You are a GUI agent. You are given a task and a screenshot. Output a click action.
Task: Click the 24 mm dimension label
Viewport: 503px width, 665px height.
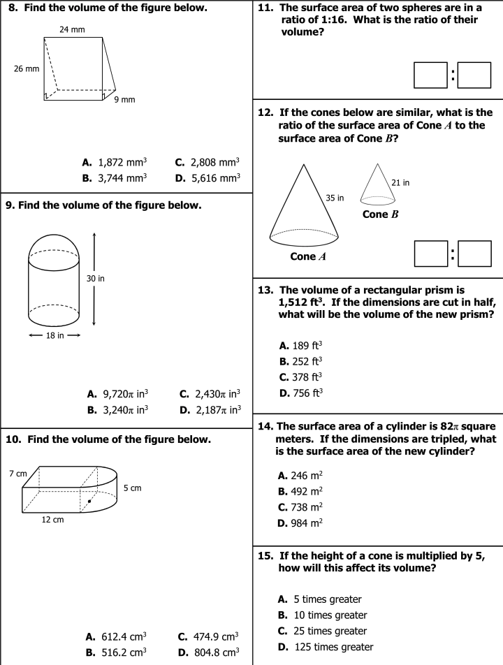pos(73,30)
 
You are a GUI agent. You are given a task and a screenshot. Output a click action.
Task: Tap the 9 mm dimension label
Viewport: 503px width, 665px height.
pos(124,100)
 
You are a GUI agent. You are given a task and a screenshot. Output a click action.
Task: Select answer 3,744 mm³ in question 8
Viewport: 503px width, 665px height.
pos(122,178)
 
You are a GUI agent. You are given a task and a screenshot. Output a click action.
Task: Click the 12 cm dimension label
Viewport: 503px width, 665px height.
pos(52,520)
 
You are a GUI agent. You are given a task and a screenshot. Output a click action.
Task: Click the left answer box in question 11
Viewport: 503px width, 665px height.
pos(430,75)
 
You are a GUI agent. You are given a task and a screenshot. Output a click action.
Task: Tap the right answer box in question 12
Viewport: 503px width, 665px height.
pos(474,254)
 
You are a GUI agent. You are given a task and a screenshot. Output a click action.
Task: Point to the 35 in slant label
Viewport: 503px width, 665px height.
pos(335,198)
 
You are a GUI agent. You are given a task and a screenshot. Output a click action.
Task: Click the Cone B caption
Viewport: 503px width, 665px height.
pos(381,214)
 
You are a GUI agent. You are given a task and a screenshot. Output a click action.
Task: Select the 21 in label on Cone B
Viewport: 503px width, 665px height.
pos(400,183)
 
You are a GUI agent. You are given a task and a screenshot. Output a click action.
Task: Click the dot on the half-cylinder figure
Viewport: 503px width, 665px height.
pos(89,501)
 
